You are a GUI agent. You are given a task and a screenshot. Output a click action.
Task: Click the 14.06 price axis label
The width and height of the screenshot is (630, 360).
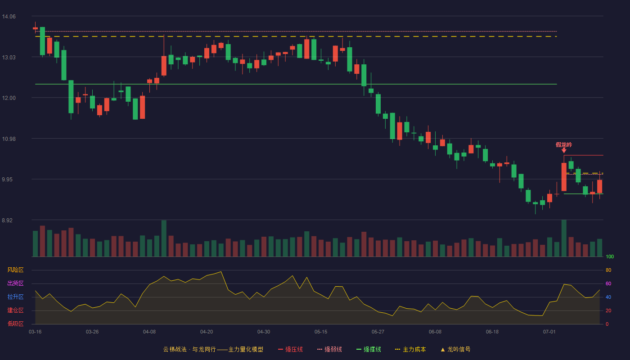coord(9,17)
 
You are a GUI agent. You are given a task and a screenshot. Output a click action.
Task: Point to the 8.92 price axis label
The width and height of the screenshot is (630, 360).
coord(7,220)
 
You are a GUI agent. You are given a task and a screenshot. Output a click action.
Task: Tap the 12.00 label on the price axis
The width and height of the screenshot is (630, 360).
coord(9,98)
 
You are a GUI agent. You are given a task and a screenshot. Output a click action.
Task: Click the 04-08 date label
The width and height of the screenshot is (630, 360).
coord(149,332)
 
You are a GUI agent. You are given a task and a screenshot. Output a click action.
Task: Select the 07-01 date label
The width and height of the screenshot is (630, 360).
coord(549,332)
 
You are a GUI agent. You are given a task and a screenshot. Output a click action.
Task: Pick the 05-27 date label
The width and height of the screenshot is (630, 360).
coord(378,332)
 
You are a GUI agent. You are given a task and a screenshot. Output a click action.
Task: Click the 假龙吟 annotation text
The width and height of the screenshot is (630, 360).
coord(564,145)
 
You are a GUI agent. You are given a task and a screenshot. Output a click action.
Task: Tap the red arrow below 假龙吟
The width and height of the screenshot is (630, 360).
coord(564,150)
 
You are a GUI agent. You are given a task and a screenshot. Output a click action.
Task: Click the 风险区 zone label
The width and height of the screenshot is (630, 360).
coord(15,270)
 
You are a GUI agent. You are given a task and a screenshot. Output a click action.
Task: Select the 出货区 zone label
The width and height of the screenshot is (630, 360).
coord(15,283)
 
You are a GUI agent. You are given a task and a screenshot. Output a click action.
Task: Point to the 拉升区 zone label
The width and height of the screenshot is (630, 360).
coord(15,297)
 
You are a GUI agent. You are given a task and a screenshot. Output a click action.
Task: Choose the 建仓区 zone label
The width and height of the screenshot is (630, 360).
coord(15,310)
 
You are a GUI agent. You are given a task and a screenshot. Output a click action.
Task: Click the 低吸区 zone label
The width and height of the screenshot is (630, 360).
coord(15,324)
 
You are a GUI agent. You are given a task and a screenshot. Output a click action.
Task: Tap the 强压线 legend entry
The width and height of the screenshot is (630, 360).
coord(290,349)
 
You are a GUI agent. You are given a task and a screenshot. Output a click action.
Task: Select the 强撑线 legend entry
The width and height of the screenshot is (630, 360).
coord(369,349)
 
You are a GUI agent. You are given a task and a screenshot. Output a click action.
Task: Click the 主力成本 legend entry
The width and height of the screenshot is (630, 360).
coord(410,349)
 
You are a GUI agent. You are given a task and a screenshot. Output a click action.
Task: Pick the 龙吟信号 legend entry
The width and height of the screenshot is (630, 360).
coord(455,349)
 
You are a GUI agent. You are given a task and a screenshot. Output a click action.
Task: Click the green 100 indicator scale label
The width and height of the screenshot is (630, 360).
coord(610,256)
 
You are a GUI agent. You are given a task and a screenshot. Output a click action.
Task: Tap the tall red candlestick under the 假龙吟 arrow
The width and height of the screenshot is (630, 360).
coord(564,177)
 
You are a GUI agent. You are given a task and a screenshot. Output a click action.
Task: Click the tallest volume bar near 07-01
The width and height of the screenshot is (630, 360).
coord(564,238)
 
